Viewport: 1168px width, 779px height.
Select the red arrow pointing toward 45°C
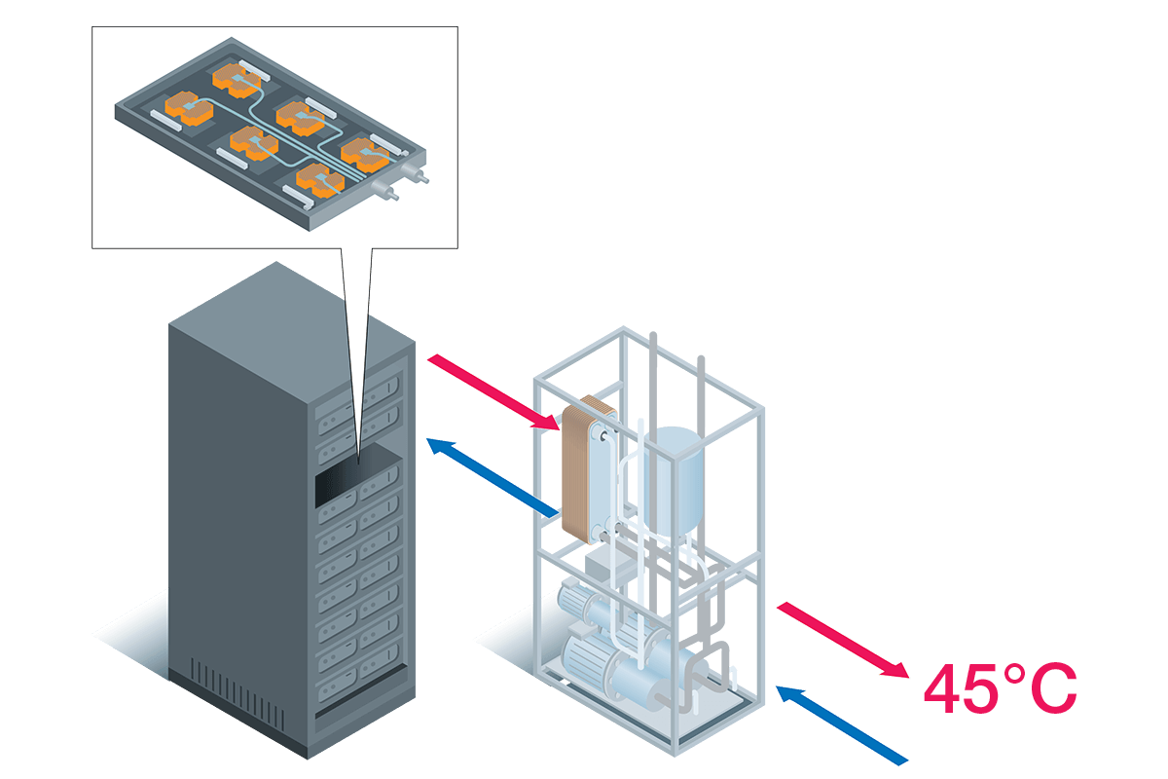(843, 639)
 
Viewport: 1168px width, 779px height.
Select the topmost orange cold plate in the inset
(237, 78)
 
